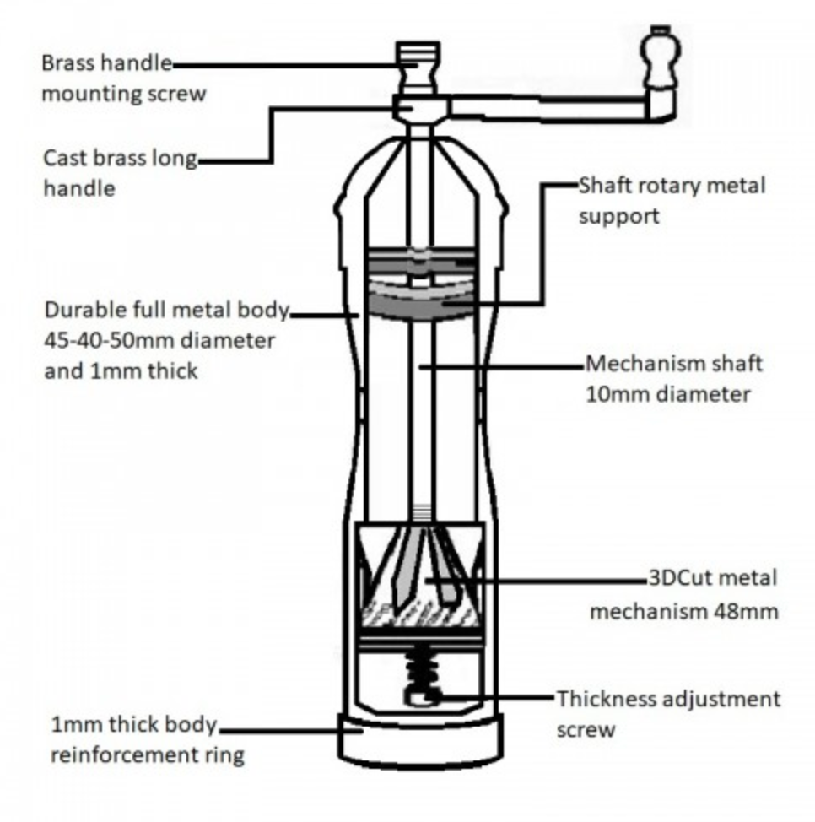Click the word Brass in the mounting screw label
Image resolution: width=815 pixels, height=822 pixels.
(x=68, y=64)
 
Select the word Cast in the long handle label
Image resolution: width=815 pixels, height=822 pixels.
(x=64, y=159)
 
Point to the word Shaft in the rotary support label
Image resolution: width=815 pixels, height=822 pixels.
(x=605, y=186)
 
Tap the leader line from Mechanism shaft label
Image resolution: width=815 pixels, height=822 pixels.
(x=506, y=365)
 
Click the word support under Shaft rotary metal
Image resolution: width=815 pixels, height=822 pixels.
(x=619, y=216)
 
